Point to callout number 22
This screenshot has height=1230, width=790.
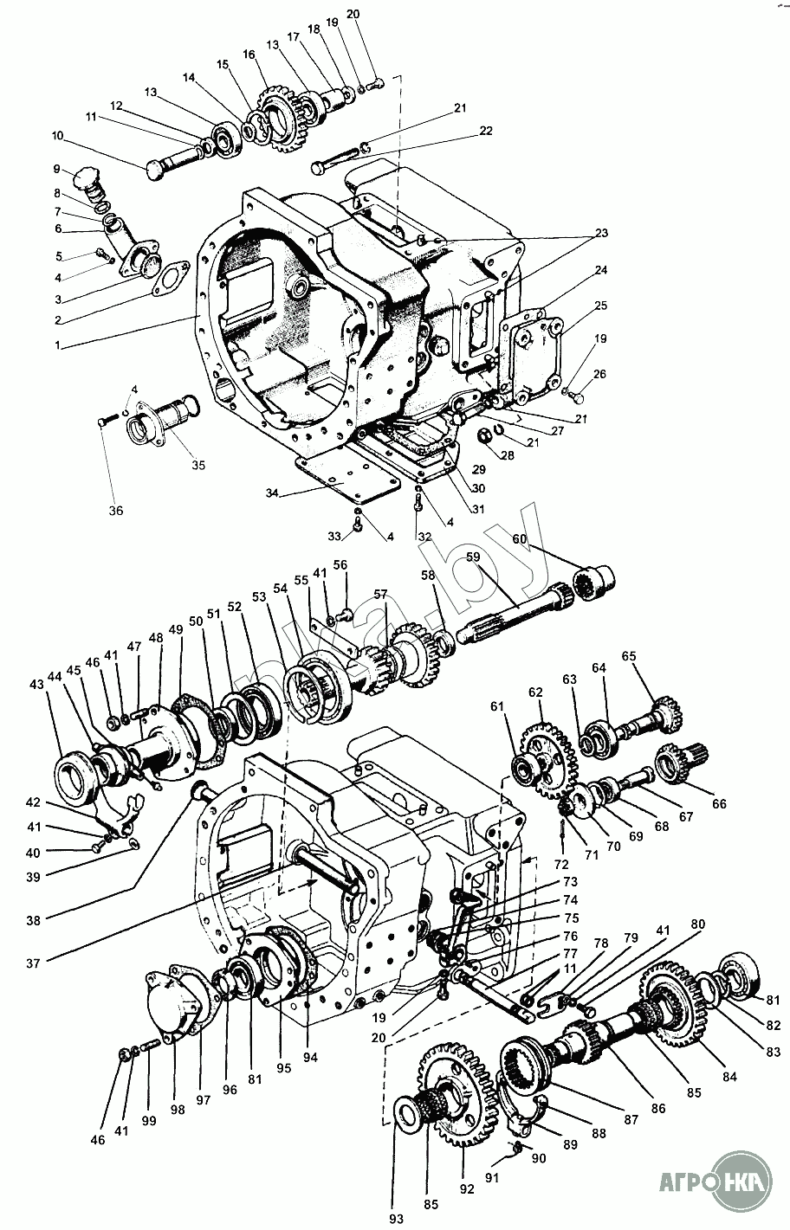[486, 131]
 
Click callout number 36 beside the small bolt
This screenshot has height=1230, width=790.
[115, 511]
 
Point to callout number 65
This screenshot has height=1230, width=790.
[628, 655]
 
